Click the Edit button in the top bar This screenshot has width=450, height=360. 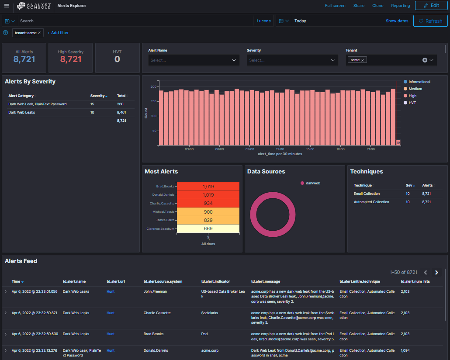coord(431,6)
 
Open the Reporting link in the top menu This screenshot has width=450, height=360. coord(400,6)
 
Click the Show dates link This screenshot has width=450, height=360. coord(397,21)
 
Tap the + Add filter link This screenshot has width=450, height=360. coord(58,33)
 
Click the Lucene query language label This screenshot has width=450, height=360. coord(263,21)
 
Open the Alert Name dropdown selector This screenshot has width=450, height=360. coord(194,60)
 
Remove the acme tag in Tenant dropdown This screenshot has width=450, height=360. coord(363,60)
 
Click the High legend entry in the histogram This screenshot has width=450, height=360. coord(412,96)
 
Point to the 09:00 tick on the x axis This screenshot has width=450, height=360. coord(249,149)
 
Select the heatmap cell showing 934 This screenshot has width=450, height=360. coord(208,203)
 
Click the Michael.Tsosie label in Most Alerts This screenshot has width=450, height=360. coord(163,212)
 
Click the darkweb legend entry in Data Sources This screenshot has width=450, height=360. coord(312,183)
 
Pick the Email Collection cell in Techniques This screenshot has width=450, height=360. coord(367,194)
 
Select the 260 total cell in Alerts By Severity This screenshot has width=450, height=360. coord(120,104)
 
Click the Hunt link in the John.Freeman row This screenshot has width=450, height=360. coord(111,291)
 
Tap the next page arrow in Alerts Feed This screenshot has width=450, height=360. coord(436,273)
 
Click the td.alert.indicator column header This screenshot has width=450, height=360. coord(215,282)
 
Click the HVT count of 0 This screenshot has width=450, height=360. coord(117,59)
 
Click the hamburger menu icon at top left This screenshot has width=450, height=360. coord(6,6)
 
